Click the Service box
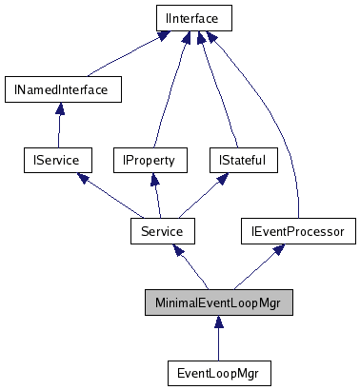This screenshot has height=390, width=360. coord(162,230)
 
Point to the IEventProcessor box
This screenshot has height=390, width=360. coord(298,230)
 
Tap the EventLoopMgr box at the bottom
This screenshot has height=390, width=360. coord(218,371)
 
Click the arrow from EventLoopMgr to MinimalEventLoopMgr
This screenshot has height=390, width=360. coord(218,337)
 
